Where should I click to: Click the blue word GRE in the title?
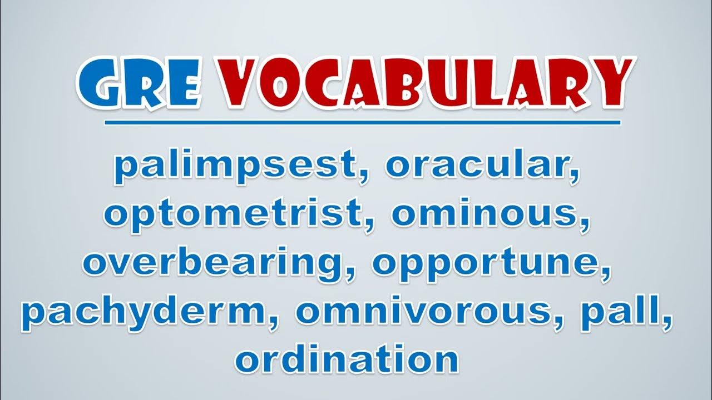(x=139, y=83)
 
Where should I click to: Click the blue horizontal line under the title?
(x=362, y=123)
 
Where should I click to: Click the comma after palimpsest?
(x=363, y=177)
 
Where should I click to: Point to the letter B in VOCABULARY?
(x=410, y=84)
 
